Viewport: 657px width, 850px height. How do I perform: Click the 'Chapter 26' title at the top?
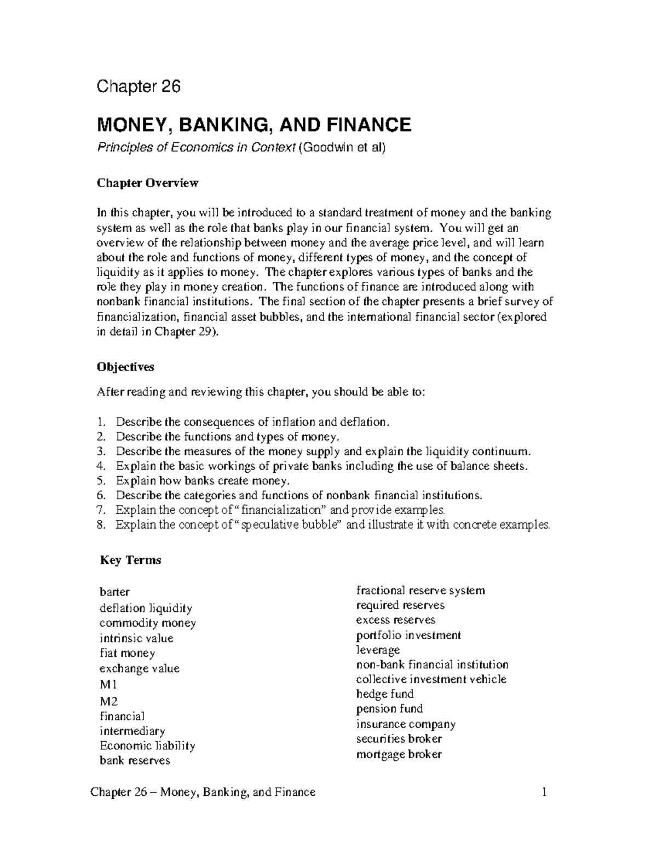139,86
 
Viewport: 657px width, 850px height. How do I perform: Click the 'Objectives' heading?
125,367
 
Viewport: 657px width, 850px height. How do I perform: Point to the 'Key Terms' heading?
130,560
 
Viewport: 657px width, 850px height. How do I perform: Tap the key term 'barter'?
114,592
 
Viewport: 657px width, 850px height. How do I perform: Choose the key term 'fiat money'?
127,653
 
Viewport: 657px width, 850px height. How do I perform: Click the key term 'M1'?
108,684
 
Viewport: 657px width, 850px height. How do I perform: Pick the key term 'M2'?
108,701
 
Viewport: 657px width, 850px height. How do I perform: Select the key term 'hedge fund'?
384,694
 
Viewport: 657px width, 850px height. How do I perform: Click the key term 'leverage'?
378,650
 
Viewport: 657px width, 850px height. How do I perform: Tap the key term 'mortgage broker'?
399,754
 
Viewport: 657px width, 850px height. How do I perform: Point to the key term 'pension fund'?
389,709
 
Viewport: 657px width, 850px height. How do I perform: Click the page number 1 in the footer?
545,792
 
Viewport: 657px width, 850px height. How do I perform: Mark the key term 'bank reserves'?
135,760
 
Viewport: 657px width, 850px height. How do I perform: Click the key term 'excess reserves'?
395,620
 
